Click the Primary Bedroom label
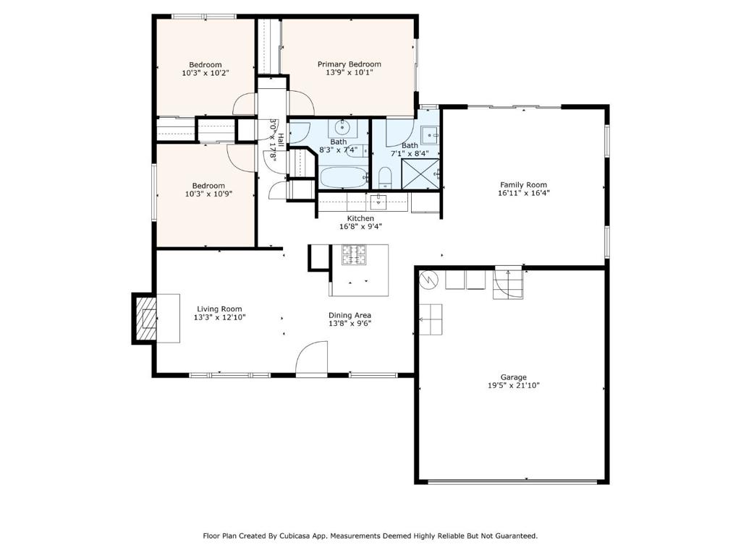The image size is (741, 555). [x=350, y=64]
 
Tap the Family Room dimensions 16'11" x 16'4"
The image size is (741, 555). [x=524, y=193]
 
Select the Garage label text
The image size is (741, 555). [x=514, y=377]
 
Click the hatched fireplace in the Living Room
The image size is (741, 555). [x=145, y=319]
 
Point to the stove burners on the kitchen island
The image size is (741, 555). [x=354, y=255]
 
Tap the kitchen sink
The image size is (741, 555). [x=378, y=202]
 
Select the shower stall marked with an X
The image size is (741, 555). [x=420, y=174]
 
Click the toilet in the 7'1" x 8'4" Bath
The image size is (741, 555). [x=385, y=178]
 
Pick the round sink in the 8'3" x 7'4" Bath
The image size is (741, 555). [x=342, y=127]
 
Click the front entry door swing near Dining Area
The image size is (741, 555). [x=311, y=358]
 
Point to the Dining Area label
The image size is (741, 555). [x=350, y=315]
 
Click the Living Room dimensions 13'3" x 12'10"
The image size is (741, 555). [x=220, y=318]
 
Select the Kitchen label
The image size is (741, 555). [x=360, y=218]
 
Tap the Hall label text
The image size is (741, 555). [x=281, y=139]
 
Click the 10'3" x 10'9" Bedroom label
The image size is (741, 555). [x=208, y=186]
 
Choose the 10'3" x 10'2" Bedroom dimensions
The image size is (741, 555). [x=206, y=73]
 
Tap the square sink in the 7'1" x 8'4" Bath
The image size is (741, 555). [x=429, y=135]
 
